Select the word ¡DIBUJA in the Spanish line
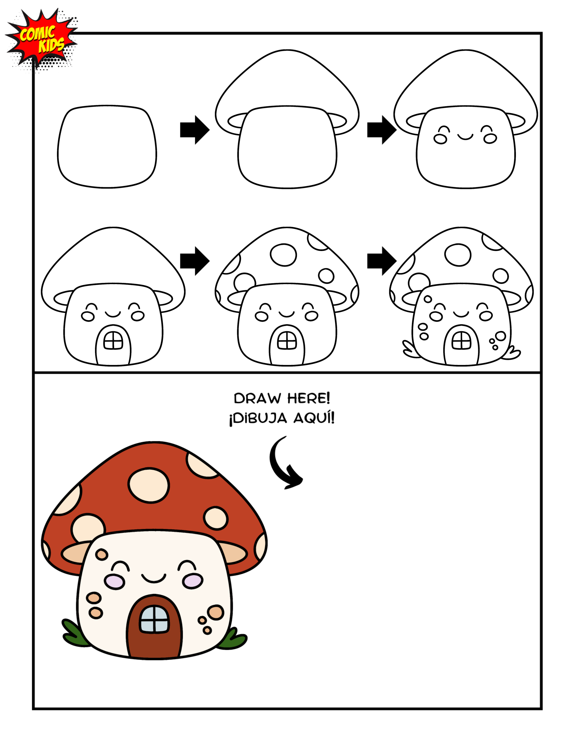tap(258, 418)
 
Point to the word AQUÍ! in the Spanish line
tap(314, 418)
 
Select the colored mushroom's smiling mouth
tap(154, 578)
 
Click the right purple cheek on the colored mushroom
tap(193, 581)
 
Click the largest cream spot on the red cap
tap(149, 485)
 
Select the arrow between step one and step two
tap(194, 130)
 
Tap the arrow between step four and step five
tap(194, 261)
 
